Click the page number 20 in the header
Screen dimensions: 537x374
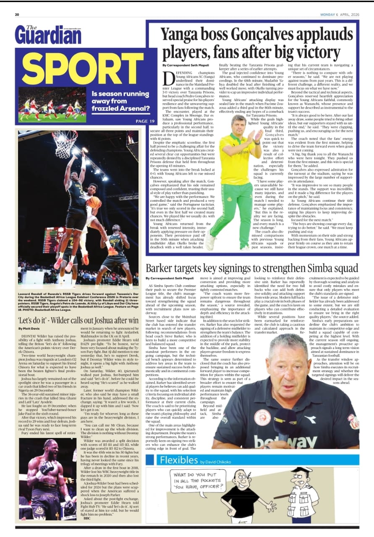[x=17, y=14]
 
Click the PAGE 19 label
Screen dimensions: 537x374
[x=145, y=121]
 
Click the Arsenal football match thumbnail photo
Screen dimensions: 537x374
[x=52, y=104]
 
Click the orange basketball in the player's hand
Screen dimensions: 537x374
[x=94, y=202]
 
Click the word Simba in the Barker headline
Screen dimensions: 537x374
[x=304, y=268]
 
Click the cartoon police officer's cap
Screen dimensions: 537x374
[x=303, y=471]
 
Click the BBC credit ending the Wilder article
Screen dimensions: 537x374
[x=87, y=518]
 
